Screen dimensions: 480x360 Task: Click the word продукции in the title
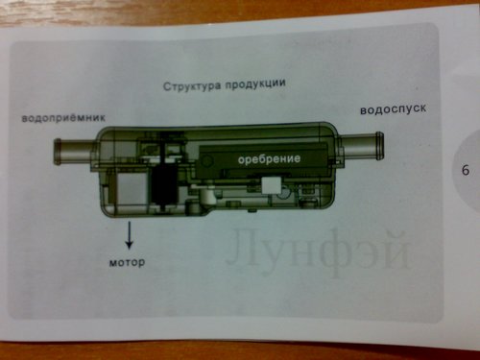255,84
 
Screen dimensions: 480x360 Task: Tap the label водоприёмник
63,118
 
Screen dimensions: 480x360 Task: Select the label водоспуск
394,109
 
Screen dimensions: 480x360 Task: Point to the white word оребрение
269,158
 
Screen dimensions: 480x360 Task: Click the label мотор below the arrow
127,262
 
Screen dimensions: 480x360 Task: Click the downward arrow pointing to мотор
129,235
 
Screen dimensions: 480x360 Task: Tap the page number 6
466,170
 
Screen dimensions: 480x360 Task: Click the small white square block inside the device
271,186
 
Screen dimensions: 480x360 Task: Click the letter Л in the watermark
244,248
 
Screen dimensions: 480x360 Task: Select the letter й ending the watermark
396,249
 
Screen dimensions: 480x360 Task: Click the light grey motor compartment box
132,189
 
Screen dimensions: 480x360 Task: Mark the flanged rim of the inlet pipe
58,152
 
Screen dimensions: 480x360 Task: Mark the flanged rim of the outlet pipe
379,146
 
